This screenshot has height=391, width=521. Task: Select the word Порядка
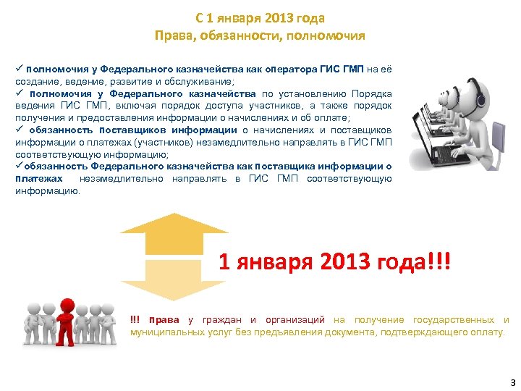point(372,93)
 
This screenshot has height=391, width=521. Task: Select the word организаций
point(296,320)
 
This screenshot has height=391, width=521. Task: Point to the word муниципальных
point(163,332)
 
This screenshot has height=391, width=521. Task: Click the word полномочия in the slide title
point(332,35)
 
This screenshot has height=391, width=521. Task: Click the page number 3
point(512,382)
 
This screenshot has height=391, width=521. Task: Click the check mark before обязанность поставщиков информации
point(19,130)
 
